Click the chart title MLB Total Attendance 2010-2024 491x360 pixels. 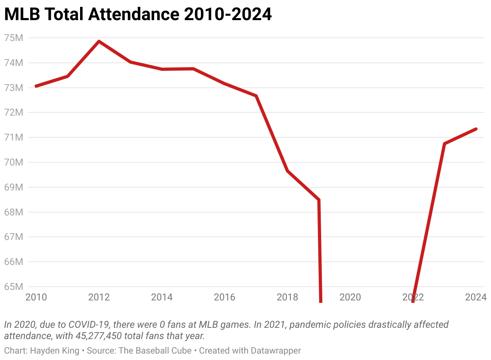138,15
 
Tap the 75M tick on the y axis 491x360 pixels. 13,38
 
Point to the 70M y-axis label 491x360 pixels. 13,163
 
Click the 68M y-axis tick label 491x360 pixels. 13,212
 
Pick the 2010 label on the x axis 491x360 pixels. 36,298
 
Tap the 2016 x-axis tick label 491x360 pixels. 225,298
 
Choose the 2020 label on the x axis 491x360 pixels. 350,298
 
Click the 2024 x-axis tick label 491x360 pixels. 476,298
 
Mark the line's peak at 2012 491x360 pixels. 99,41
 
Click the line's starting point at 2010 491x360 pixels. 36,86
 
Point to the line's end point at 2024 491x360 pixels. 476,129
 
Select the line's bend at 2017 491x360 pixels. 256,96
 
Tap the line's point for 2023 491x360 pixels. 444,144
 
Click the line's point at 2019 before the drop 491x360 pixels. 319,200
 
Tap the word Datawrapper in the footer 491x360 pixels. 276,351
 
